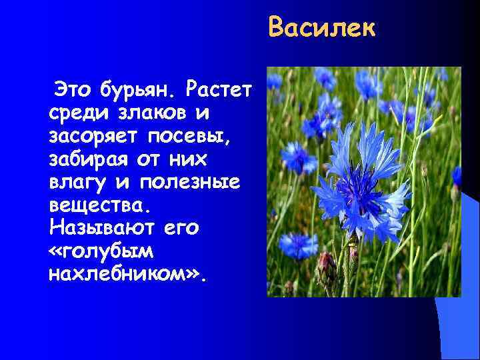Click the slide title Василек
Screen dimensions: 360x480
click(322, 29)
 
